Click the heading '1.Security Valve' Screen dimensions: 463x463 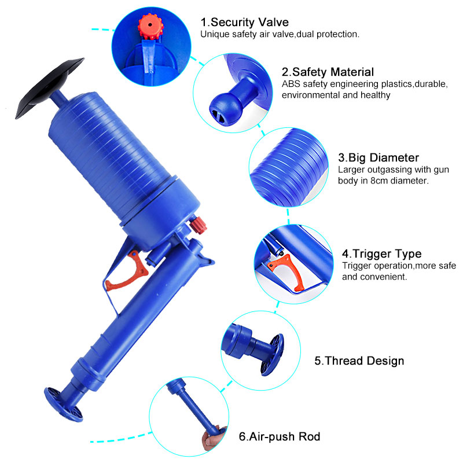point(244,23)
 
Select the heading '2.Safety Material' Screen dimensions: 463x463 point(328,72)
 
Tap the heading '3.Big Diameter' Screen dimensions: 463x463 point(379,157)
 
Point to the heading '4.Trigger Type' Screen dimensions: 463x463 point(382,253)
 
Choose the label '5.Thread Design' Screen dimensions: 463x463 point(359,361)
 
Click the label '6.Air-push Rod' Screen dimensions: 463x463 point(280,436)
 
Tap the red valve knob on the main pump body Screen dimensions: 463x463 point(198,225)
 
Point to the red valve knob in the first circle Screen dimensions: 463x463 point(150,26)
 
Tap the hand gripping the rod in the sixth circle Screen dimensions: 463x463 point(214,439)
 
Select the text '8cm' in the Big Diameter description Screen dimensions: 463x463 point(379,181)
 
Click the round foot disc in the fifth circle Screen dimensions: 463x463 point(271,354)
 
